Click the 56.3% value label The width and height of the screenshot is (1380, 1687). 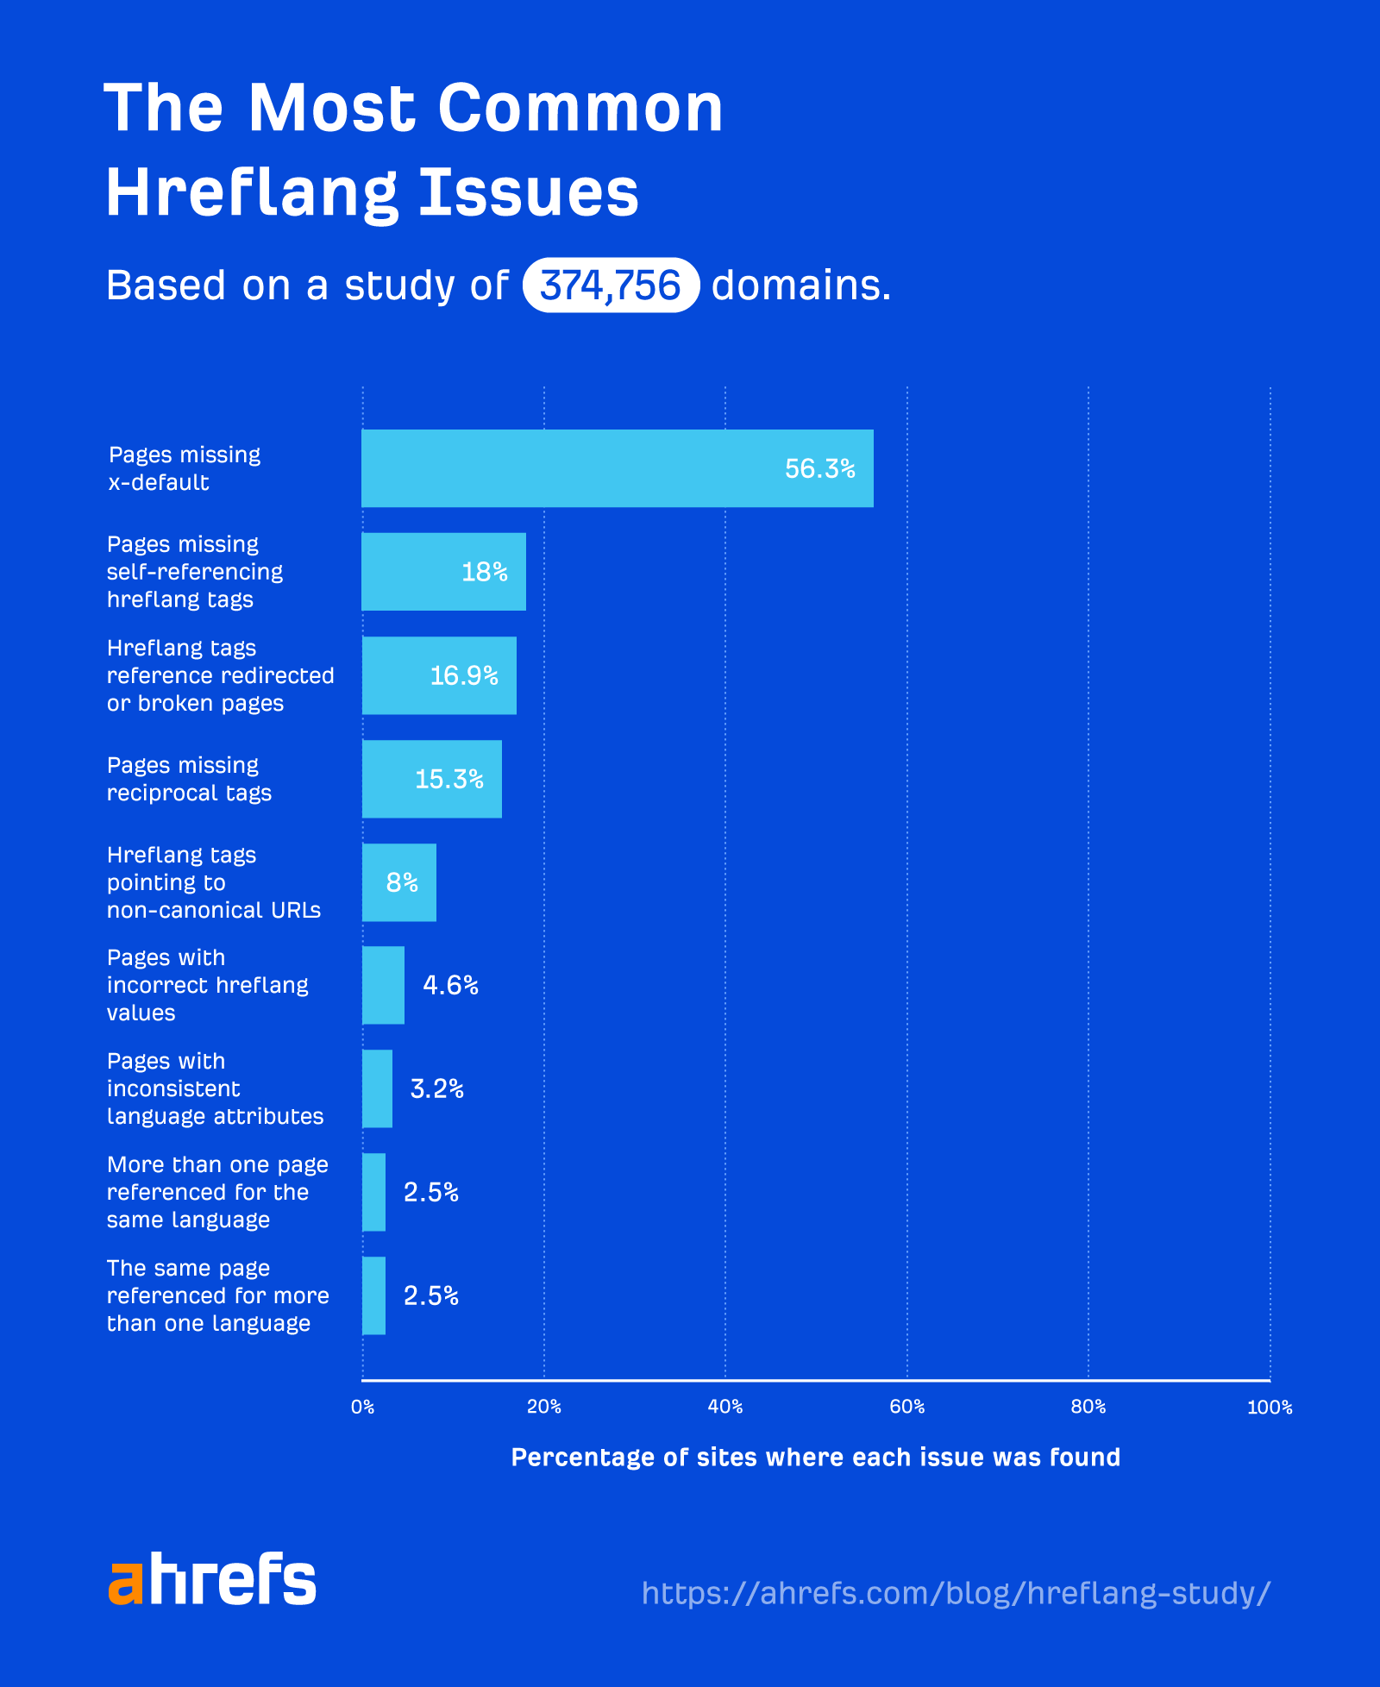point(819,468)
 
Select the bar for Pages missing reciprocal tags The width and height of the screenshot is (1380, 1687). point(431,779)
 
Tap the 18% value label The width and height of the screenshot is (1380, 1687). point(484,572)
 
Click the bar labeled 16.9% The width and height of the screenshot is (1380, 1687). point(439,675)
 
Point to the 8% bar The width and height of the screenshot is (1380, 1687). point(398,882)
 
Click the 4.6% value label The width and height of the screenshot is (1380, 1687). point(450,985)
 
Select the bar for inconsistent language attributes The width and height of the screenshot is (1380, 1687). point(377,1088)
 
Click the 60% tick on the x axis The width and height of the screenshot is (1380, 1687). point(906,1407)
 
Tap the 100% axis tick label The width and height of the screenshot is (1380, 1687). point(1269,1408)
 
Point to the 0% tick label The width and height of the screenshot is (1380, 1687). point(362,1407)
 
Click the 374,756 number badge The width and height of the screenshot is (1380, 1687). point(610,285)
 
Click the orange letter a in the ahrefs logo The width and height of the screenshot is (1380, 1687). point(126,1583)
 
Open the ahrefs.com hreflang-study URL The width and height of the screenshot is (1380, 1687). point(956,1592)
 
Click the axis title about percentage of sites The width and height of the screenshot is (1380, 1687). point(815,1457)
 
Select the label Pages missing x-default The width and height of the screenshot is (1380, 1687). point(184,468)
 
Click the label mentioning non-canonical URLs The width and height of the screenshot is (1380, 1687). point(213,882)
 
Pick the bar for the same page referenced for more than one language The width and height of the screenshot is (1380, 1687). point(373,1295)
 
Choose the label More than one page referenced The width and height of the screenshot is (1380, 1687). point(216,1192)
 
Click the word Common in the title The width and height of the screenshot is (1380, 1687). point(580,109)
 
